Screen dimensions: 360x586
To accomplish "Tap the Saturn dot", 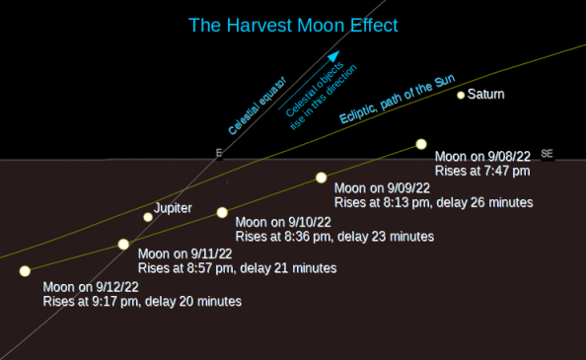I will (461, 95).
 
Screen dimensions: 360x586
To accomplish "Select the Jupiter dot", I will (148, 217).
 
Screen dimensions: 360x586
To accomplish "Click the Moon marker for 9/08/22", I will (421, 144).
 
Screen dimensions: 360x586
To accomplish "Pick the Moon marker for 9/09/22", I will (321, 178).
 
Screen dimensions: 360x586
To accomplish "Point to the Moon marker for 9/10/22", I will (222, 212).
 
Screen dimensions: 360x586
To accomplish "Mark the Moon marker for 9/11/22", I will (123, 244).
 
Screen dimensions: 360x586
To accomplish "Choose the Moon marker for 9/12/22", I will (25, 270).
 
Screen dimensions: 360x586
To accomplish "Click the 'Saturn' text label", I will (486, 95).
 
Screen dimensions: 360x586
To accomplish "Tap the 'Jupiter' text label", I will (174, 208).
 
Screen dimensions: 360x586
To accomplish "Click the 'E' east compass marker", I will (219, 153).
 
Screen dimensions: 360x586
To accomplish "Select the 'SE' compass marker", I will (548, 153).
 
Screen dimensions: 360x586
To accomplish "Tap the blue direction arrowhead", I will (333, 57).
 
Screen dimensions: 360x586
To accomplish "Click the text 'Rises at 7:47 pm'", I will (482, 171).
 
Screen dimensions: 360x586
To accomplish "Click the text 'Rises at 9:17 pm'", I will (90, 301).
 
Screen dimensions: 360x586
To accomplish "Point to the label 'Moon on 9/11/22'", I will (185, 253).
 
